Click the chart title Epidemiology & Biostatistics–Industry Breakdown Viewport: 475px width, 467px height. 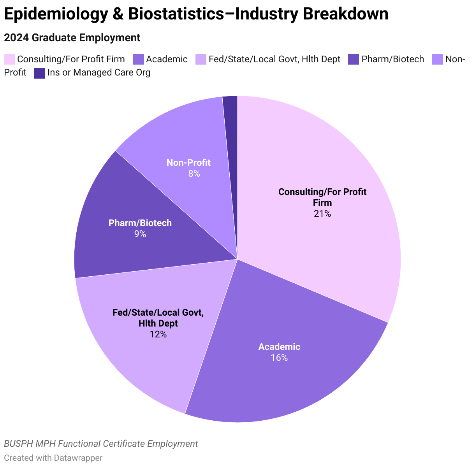click(x=196, y=14)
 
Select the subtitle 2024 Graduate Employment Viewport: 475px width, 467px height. click(x=72, y=38)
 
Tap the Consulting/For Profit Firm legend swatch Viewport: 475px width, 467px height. click(x=9, y=59)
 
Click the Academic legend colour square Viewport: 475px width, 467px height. click(x=139, y=59)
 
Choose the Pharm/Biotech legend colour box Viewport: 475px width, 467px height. click(x=354, y=59)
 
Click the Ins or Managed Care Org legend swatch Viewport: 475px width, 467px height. click(x=40, y=73)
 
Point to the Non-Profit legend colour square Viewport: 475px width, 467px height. click(x=438, y=59)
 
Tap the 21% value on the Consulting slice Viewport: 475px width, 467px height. click(x=322, y=214)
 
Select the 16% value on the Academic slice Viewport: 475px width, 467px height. click(x=279, y=358)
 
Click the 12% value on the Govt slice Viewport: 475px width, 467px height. click(x=158, y=334)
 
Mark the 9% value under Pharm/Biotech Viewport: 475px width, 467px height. click(x=140, y=234)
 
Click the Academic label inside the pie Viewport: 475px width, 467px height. click(x=279, y=347)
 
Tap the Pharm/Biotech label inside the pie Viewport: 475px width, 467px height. click(x=140, y=223)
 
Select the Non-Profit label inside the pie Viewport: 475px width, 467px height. click(x=188, y=163)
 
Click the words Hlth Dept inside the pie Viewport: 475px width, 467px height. click(x=158, y=323)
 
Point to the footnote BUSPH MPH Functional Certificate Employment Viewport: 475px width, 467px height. click(x=101, y=444)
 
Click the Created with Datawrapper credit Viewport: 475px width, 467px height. click(x=53, y=458)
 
